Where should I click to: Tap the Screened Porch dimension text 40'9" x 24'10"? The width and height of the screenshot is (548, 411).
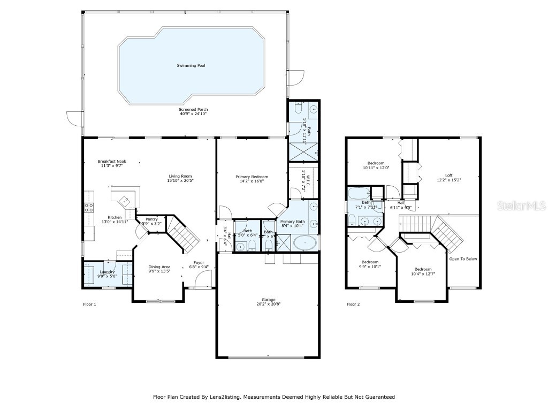[x=193, y=114]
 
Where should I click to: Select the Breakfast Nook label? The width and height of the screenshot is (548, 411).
[x=111, y=161]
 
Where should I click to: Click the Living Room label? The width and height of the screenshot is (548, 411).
[x=180, y=176]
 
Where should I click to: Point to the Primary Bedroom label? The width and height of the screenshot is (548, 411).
[x=252, y=177]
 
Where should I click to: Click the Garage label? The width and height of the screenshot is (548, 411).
[x=268, y=300]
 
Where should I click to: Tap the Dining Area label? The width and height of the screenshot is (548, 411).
[x=159, y=267]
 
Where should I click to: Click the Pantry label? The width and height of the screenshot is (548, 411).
[x=151, y=219]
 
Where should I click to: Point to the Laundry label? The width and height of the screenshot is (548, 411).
[x=107, y=272]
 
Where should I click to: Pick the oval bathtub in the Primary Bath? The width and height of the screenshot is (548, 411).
[x=303, y=243]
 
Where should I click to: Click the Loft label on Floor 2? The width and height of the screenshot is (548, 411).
[x=448, y=176]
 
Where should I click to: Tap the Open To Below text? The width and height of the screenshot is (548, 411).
[x=463, y=259]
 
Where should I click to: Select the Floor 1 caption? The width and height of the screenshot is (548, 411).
[x=89, y=304]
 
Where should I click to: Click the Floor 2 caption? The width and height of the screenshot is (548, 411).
[x=353, y=304]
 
